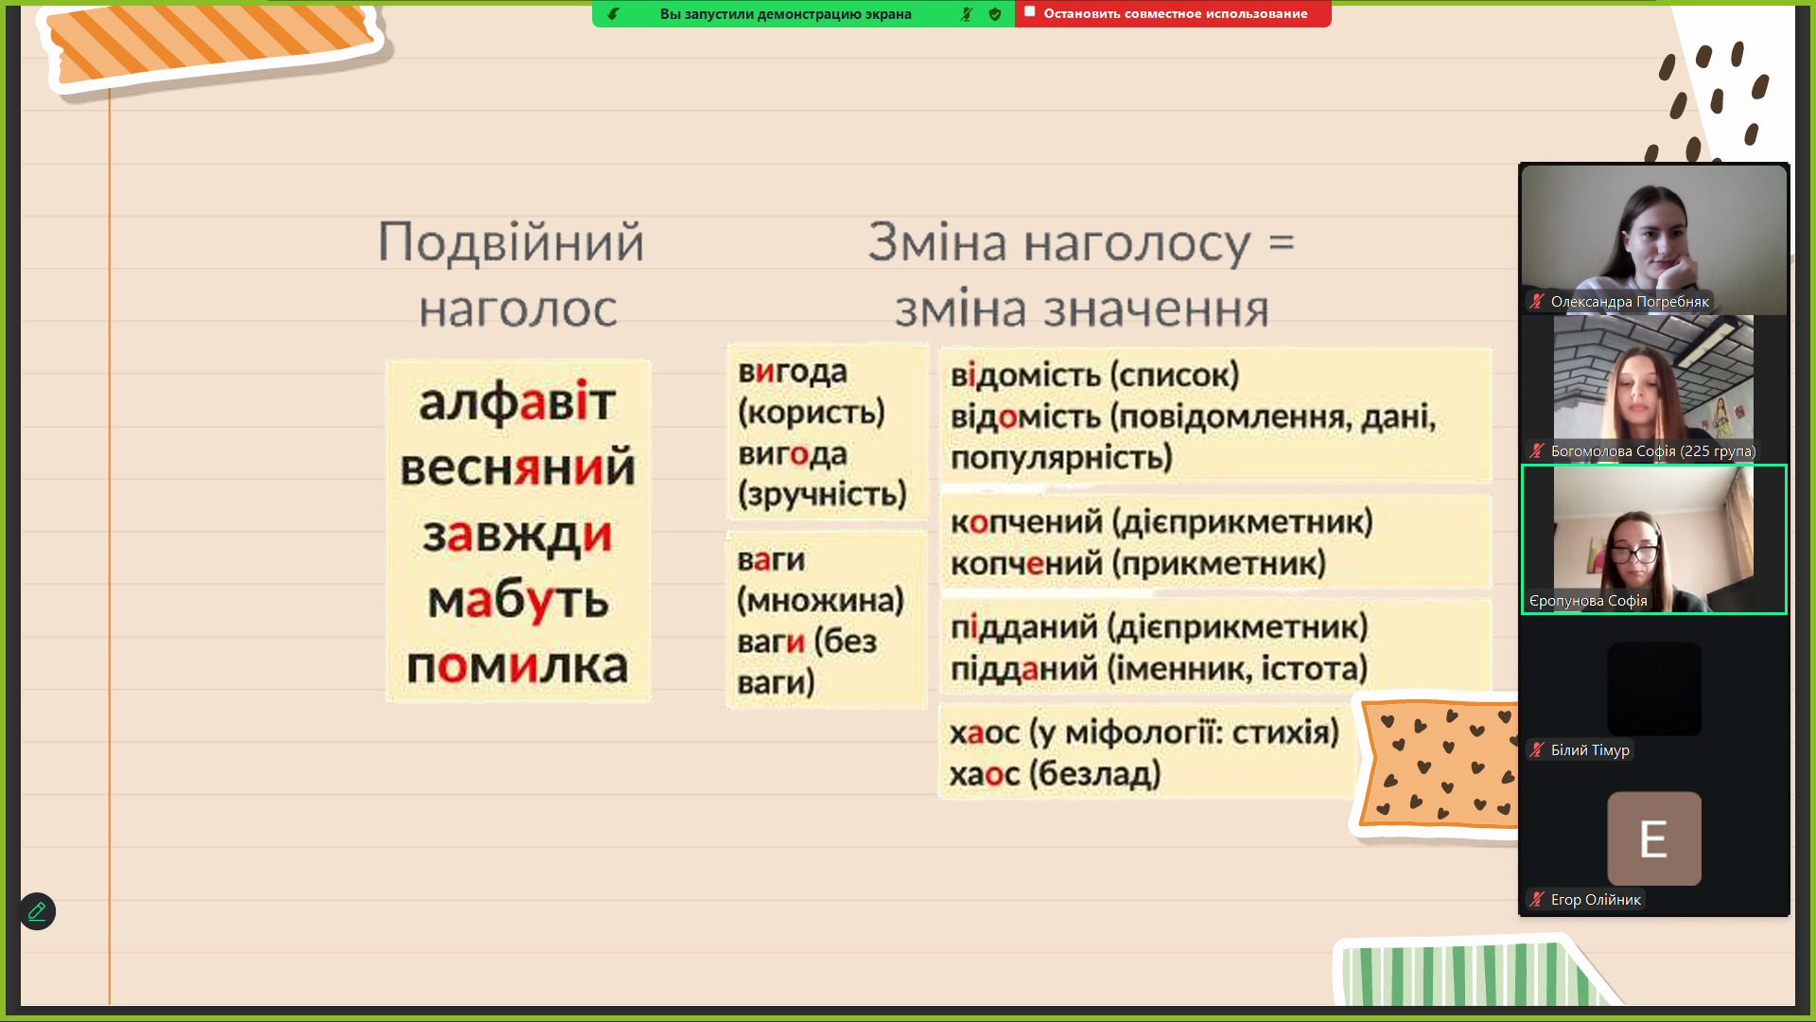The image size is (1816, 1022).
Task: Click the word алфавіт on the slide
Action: pyautogui.click(x=517, y=402)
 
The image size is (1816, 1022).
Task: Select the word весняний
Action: pyautogui.click(x=517, y=467)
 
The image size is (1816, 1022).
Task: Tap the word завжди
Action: pyautogui.click(x=517, y=535)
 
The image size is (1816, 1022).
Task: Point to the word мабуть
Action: pyautogui.click(x=517, y=601)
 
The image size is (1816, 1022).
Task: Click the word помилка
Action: pyautogui.click(x=517, y=666)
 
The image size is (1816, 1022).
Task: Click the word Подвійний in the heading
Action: pyautogui.click(x=511, y=242)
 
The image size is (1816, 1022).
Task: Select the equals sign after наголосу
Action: pyautogui.click(x=1282, y=242)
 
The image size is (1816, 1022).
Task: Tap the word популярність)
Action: pyautogui.click(x=1061, y=458)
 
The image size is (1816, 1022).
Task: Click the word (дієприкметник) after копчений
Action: pyautogui.click(x=1242, y=521)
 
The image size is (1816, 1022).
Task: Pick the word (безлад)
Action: pyautogui.click(x=1095, y=774)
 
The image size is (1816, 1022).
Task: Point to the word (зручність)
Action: pyautogui.click(x=822, y=494)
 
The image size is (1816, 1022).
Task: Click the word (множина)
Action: pyautogui.click(x=820, y=600)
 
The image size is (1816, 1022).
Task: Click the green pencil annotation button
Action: pyautogui.click(x=37, y=911)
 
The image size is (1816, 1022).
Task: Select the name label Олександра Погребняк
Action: pyautogui.click(x=1630, y=302)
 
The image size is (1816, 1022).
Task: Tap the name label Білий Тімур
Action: pyautogui.click(x=1590, y=750)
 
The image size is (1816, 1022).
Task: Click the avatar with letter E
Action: pyautogui.click(x=1654, y=838)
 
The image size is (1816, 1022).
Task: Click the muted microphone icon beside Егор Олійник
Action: pyautogui.click(x=1537, y=900)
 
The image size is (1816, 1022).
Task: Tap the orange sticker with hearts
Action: pyautogui.click(x=1438, y=764)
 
